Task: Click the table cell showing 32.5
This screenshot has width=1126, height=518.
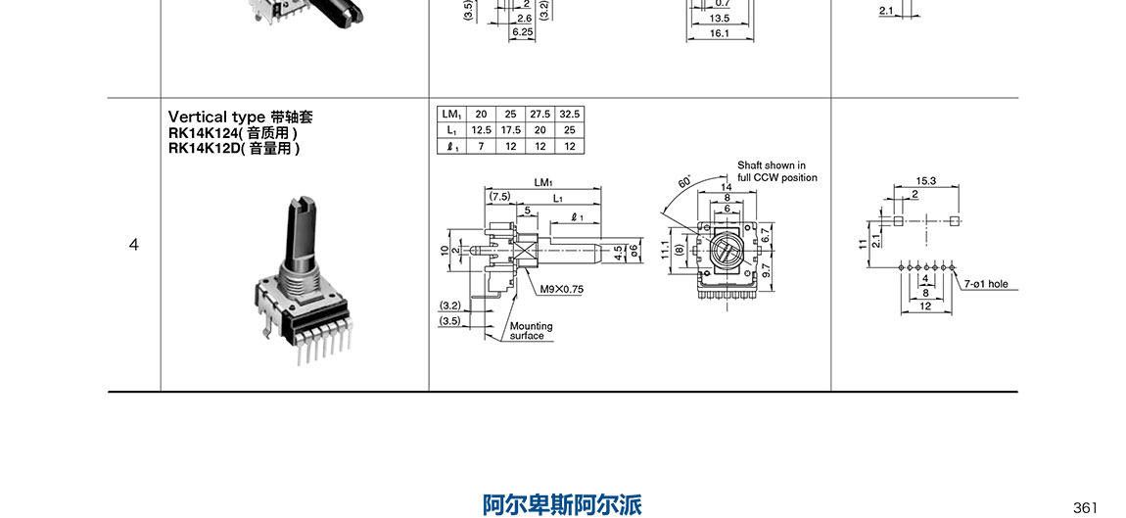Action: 570,114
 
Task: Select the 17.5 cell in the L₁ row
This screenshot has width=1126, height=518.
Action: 510,130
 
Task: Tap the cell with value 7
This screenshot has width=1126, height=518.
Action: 481,146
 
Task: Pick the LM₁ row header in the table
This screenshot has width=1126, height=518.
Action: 450,114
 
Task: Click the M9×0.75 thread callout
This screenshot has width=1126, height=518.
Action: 561,290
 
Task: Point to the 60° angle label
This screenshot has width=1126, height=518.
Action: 683,182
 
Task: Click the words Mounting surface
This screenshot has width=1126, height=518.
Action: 531,331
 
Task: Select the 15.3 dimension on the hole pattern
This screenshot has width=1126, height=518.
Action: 925,181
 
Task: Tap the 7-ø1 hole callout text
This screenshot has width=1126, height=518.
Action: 985,284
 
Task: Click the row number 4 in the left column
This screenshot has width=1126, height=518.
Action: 134,245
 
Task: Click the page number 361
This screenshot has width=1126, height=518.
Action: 1085,507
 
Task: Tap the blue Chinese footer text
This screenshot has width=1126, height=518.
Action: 562,505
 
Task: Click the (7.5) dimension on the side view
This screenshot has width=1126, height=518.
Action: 499,196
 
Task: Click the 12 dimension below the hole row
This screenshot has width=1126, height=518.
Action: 924,306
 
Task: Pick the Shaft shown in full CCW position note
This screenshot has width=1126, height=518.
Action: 776,171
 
